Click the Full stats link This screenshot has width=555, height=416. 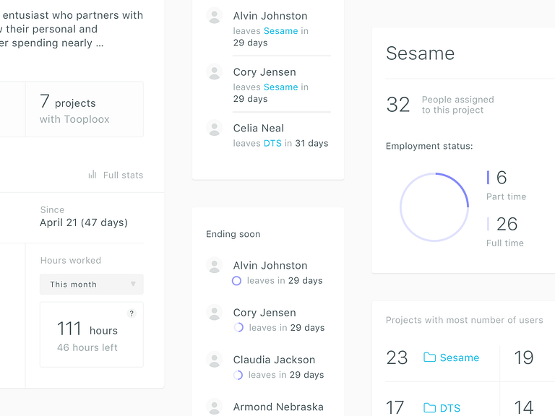(123, 175)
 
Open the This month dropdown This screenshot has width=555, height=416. (92, 284)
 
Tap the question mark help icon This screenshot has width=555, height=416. (132, 313)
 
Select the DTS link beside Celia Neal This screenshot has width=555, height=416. (272, 143)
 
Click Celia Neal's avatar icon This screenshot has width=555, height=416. (214, 128)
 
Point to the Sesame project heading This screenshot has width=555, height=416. (420, 53)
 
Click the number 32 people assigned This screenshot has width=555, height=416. (398, 105)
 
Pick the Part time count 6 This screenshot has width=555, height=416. (502, 177)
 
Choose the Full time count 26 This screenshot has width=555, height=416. (507, 224)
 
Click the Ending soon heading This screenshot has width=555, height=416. (233, 234)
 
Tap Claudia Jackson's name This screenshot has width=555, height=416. (274, 360)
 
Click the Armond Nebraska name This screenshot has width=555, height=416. (278, 407)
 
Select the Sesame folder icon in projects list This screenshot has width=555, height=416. (429, 357)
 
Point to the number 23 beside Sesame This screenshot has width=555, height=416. (397, 357)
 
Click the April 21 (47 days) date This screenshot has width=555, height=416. (84, 222)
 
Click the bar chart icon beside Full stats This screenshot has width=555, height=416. (92, 175)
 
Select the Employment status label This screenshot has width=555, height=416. (429, 146)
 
